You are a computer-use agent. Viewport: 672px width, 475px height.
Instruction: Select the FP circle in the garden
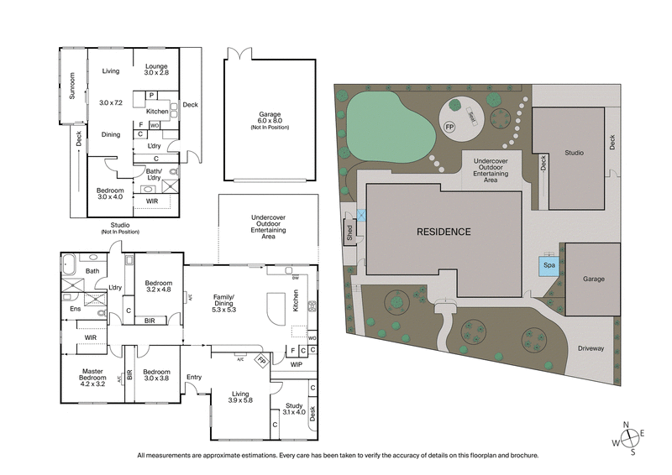(450, 128)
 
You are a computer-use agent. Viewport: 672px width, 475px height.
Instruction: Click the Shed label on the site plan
(349, 232)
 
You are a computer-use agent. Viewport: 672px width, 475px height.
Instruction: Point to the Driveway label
(591, 347)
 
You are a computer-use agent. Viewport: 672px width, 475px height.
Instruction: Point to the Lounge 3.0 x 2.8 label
(156, 70)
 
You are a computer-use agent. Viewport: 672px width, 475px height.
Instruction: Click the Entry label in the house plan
(194, 377)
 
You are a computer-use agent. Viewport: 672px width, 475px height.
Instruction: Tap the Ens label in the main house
(75, 308)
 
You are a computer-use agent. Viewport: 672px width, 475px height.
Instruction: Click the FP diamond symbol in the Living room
(261, 362)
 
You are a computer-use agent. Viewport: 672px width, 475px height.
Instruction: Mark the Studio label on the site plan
(574, 153)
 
